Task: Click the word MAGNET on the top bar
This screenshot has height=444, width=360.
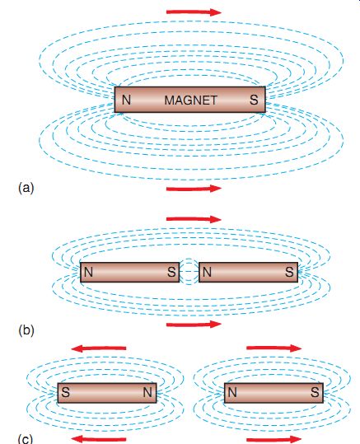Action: [191, 100]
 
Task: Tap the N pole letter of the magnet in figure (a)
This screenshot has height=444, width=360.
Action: [126, 100]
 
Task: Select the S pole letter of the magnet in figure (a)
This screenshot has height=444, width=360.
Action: [254, 100]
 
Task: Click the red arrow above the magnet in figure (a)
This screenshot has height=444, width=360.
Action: [194, 12]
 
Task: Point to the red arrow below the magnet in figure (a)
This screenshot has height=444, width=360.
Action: [194, 189]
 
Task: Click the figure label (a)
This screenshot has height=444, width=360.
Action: [26, 188]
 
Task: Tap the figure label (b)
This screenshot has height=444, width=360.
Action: [26, 330]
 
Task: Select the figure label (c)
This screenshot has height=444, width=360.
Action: [26, 439]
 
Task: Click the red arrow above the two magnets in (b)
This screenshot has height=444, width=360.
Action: [194, 219]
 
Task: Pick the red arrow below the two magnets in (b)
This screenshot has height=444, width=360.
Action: [194, 325]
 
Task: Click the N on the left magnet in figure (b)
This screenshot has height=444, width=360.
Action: [88, 272]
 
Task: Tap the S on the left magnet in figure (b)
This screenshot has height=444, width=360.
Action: [171, 272]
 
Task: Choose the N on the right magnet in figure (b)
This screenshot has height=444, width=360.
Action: [207, 272]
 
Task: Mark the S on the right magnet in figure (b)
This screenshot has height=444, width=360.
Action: [289, 272]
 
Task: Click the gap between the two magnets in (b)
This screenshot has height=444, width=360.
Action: [189, 272]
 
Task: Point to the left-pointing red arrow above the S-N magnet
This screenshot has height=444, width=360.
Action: [99, 348]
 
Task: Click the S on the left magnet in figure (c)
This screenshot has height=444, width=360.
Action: [65, 392]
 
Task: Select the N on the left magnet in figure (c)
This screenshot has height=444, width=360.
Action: [147, 392]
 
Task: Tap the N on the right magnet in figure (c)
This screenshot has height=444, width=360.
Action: [232, 392]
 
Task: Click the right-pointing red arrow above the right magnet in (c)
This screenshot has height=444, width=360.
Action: [274, 348]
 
